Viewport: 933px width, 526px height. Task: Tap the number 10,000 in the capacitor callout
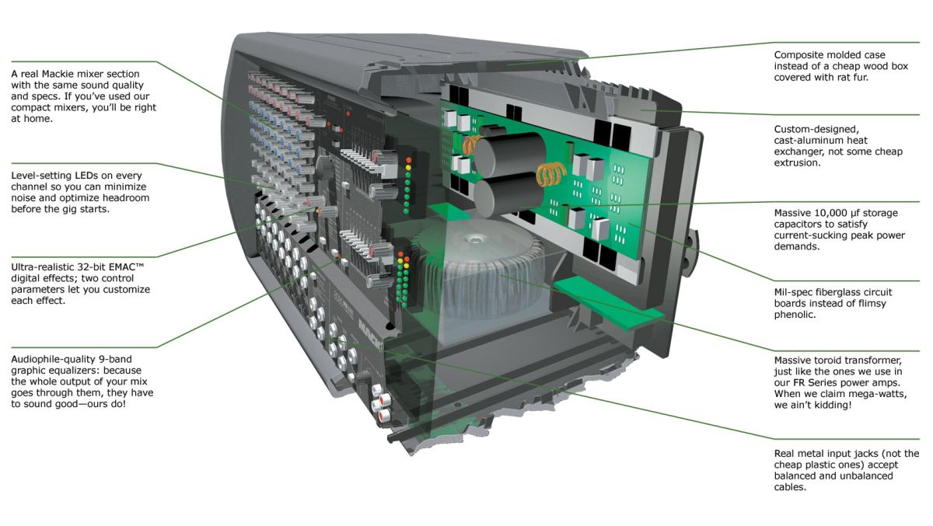829,214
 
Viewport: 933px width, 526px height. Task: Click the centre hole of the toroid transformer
473,239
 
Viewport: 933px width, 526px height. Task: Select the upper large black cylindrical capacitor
510,154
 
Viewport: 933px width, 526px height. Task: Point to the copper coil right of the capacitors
551,173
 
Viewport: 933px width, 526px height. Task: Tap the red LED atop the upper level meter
409,160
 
